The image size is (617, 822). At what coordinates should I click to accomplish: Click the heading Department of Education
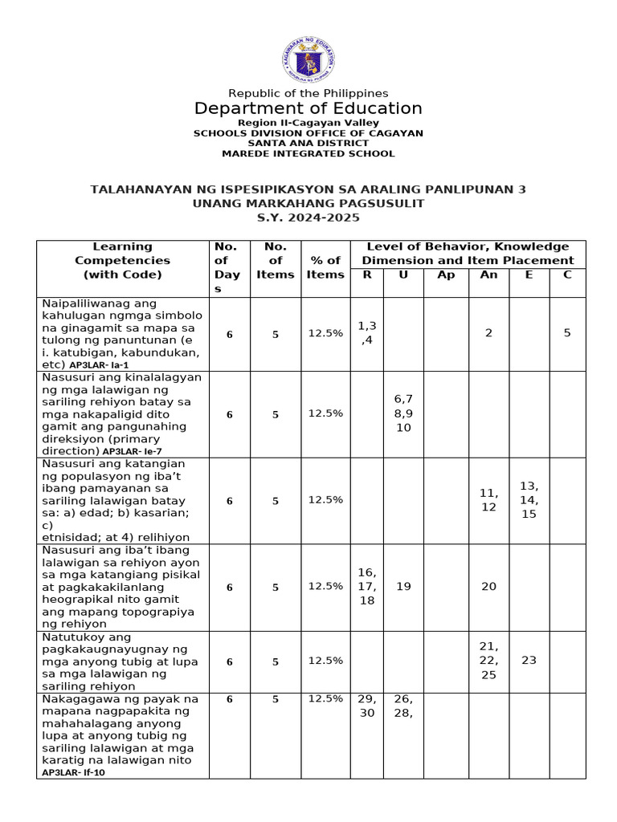click(308, 108)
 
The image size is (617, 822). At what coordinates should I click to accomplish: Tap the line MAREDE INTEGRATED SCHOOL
click(308, 153)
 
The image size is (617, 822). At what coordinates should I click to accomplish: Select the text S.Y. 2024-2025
click(308, 218)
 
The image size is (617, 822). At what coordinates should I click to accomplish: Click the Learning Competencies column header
click(122, 260)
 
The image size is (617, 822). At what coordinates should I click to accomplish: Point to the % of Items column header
click(325, 267)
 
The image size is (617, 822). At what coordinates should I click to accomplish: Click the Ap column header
click(446, 275)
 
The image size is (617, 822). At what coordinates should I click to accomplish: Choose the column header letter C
click(567, 275)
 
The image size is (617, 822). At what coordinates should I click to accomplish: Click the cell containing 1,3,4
click(367, 332)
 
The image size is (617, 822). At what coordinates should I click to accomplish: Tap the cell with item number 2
click(488, 332)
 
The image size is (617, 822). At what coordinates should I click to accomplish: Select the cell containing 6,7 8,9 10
click(403, 413)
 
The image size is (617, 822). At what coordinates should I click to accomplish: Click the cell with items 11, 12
click(488, 500)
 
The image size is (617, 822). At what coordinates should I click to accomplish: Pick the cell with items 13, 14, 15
click(529, 500)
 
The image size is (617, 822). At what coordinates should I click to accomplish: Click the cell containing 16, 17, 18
click(367, 586)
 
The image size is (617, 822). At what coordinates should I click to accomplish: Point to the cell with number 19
click(403, 586)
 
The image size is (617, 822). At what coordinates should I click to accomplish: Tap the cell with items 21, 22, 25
click(488, 660)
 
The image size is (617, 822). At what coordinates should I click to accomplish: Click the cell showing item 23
click(529, 660)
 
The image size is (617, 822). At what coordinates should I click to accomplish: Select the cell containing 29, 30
click(367, 706)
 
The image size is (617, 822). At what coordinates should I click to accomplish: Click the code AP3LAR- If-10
click(74, 772)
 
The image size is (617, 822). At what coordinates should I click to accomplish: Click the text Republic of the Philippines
click(308, 93)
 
